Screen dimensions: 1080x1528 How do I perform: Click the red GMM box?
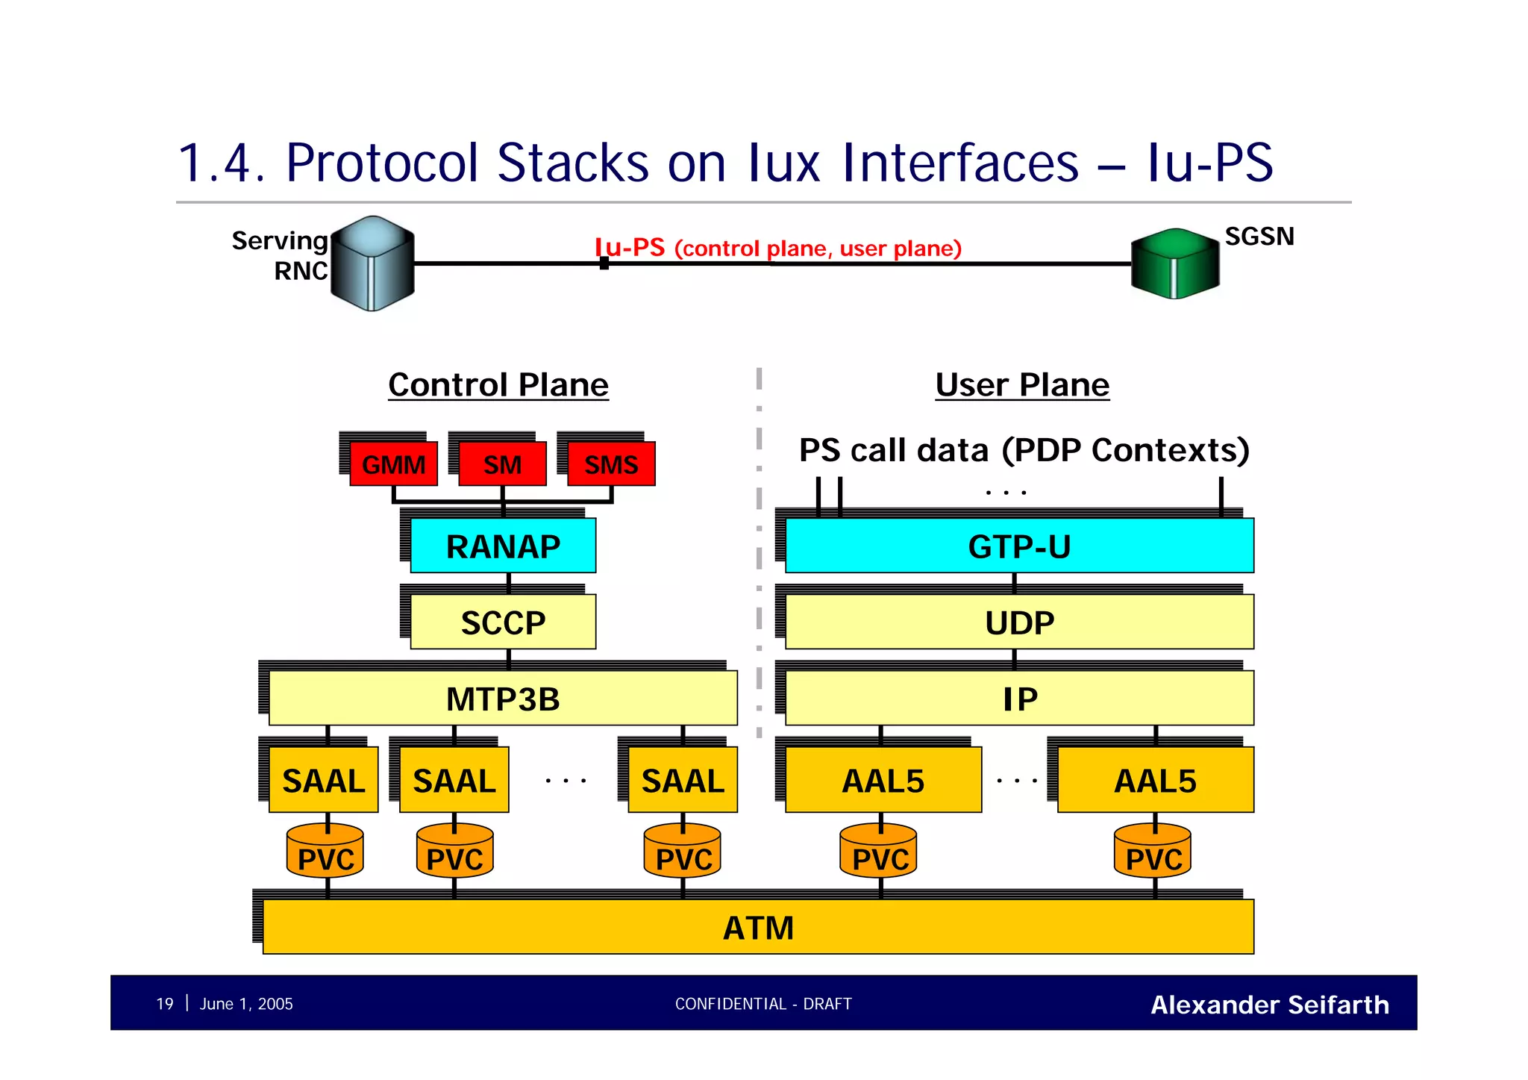[x=393, y=464]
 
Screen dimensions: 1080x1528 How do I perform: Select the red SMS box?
[x=611, y=464]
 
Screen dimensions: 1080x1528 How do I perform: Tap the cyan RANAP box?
[x=503, y=546]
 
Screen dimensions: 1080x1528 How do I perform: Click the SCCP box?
[x=503, y=622]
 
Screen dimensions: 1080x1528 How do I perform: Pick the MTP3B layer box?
[x=503, y=699]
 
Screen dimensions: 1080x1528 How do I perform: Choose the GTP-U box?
[x=1019, y=546]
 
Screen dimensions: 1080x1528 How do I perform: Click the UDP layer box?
[x=1019, y=622]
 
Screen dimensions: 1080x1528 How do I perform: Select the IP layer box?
[x=1019, y=699]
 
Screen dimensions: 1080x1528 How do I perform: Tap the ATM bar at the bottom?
[x=758, y=928]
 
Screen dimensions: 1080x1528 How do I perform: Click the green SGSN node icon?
[x=1174, y=263]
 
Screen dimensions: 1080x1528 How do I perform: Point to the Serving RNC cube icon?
[x=372, y=263]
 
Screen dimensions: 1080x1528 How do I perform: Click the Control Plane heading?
[x=498, y=385]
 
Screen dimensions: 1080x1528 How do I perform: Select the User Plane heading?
[x=1022, y=385]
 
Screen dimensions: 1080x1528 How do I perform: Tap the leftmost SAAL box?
[x=323, y=781]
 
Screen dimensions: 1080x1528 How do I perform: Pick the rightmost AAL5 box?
[x=1155, y=781]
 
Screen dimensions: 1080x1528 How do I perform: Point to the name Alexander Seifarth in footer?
[x=1269, y=1005]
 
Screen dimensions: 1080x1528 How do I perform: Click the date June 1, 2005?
[x=246, y=1004]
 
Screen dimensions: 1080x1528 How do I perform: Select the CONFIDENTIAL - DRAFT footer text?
[x=763, y=1004]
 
